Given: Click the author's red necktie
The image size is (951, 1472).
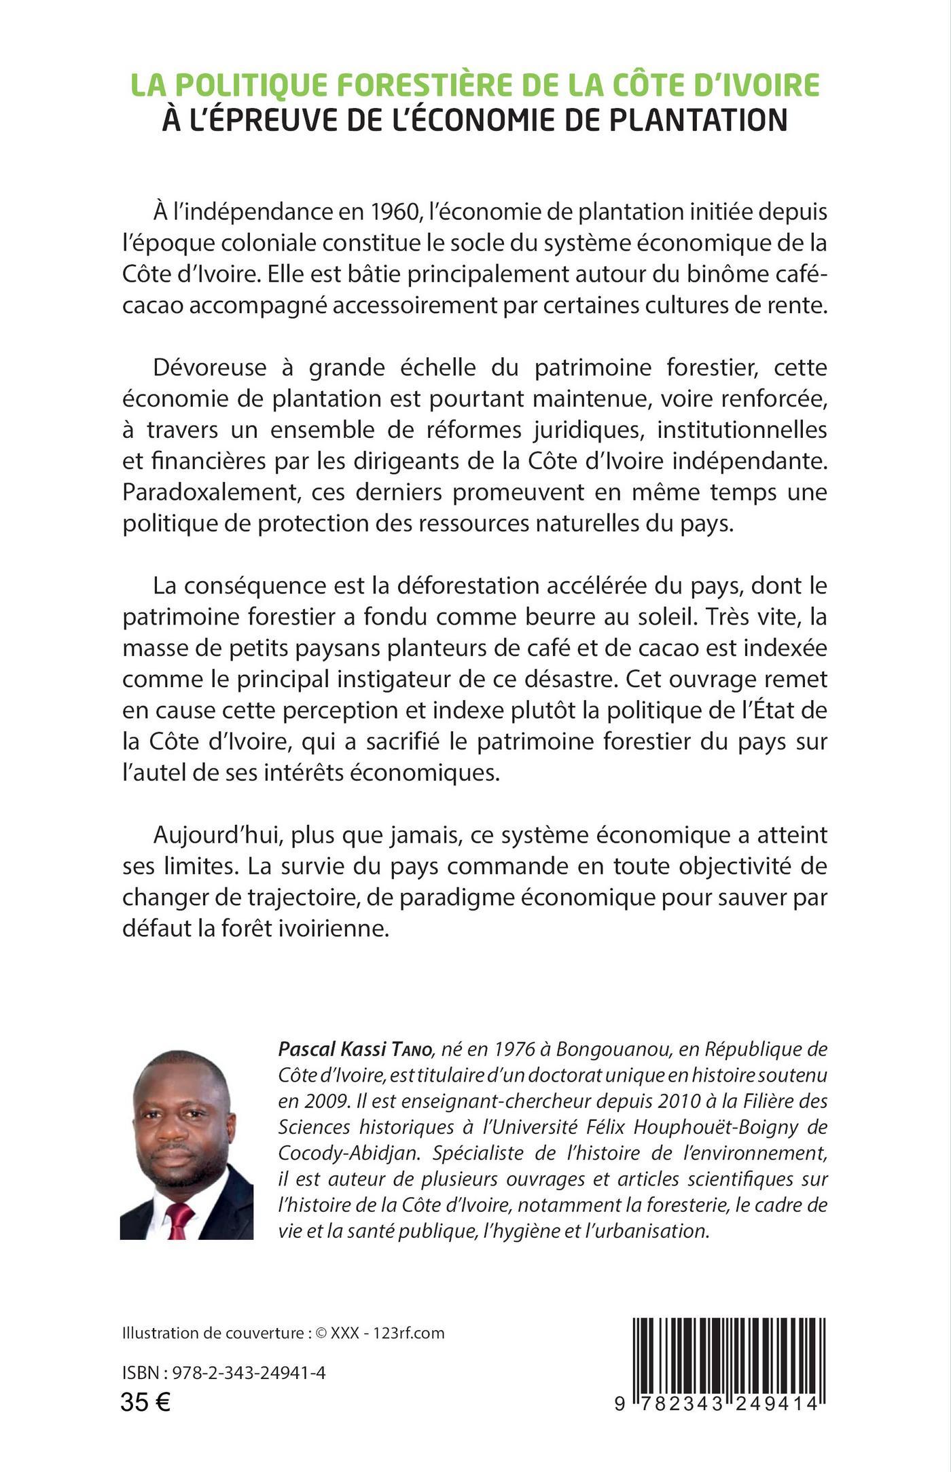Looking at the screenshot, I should [178, 1215].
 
